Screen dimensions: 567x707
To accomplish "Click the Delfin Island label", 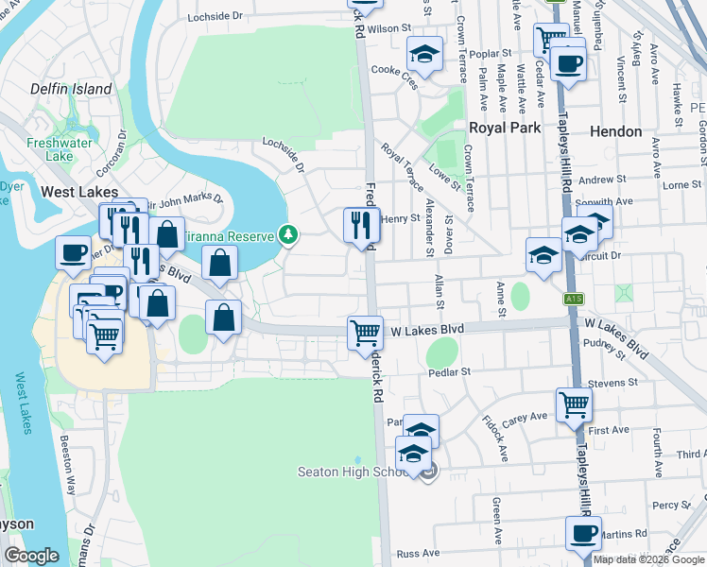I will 71,90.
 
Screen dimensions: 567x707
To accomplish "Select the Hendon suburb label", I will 615,131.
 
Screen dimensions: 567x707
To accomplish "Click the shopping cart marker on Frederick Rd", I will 365,333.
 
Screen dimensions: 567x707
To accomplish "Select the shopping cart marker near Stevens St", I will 574,404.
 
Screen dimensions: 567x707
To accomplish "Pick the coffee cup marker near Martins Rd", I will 583,532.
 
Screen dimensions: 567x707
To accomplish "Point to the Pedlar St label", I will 448,372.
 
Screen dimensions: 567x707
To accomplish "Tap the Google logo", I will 31,556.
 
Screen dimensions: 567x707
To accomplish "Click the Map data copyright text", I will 647,559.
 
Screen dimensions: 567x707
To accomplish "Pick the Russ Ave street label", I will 419,553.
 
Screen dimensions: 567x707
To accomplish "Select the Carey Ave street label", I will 527,416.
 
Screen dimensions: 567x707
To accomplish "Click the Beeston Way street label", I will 69,472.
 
